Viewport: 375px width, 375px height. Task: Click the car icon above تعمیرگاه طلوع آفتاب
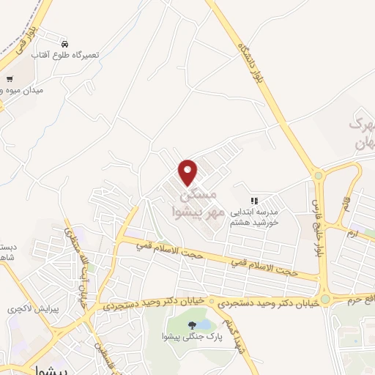[x=66, y=44]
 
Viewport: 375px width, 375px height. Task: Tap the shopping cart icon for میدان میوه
[x=10, y=79]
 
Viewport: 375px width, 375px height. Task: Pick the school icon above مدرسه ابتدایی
[x=254, y=201]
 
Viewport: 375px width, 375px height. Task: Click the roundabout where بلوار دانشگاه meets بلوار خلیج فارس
[x=318, y=175]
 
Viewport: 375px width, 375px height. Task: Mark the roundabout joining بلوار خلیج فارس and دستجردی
[x=324, y=299]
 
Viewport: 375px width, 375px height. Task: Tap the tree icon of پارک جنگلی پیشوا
[x=191, y=324]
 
